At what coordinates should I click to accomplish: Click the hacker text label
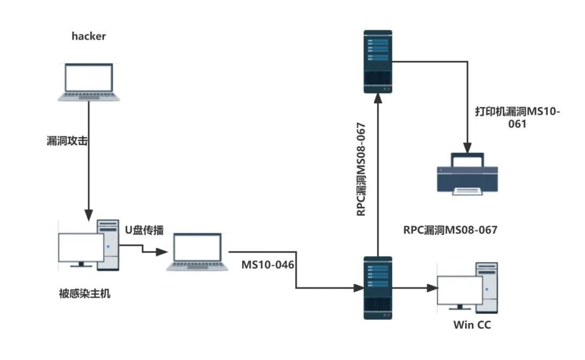coord(89,37)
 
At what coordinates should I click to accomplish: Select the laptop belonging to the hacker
coord(89,82)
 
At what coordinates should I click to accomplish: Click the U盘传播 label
coord(144,230)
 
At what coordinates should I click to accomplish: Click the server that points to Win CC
coord(377,289)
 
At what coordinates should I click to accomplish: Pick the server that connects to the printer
coord(377,62)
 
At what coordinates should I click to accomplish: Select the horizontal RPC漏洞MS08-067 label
coord(450,230)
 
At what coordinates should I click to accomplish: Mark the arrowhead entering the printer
coord(467,147)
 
